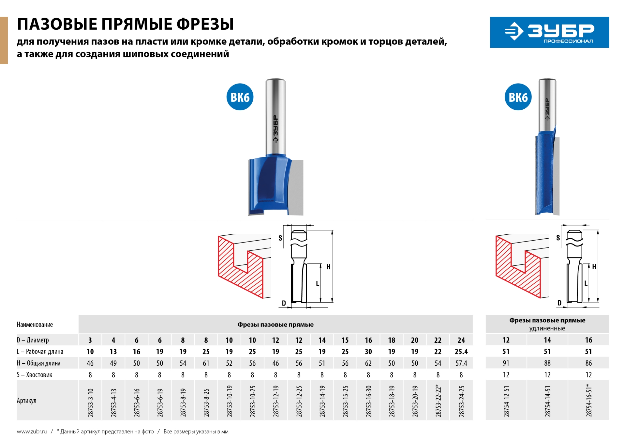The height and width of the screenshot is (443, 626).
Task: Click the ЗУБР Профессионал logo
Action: [549, 32]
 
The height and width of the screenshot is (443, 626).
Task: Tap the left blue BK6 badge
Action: [240, 97]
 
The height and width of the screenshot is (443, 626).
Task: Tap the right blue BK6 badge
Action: [518, 97]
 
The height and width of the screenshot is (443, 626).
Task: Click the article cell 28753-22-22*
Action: [438, 400]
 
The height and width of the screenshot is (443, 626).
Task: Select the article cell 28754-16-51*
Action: [589, 400]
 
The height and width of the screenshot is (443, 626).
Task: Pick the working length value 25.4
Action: [461, 352]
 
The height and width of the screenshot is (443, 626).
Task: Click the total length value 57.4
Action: [461, 363]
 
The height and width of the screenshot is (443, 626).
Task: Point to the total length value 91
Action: [506, 363]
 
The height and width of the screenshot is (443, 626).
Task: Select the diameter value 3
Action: [90, 340]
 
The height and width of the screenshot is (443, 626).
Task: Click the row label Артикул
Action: [27, 401]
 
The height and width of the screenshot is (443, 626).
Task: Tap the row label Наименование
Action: [35, 324]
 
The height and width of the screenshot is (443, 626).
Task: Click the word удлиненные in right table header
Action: [547, 328]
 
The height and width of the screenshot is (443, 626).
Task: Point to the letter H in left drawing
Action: [328, 267]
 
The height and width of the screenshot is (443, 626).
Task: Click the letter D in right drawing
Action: [559, 303]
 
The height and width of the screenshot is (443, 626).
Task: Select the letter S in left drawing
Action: [280, 238]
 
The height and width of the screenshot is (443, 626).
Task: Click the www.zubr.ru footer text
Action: [32, 432]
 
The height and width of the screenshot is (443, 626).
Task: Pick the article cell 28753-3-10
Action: [90, 402]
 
